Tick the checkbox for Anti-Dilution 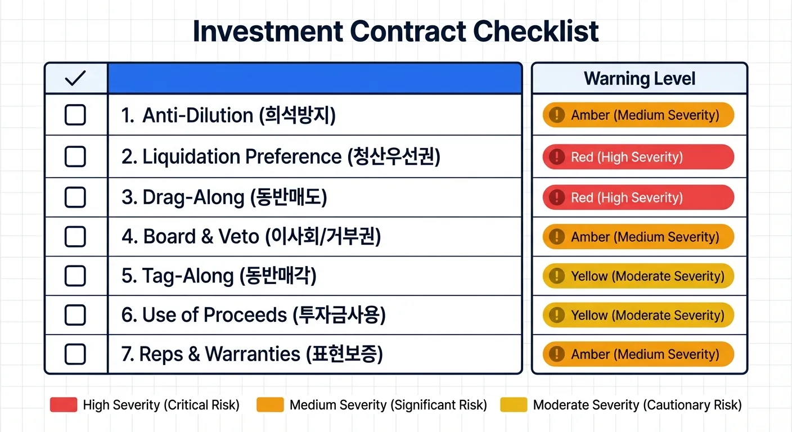75,115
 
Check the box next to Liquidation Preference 75,156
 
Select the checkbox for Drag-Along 75,197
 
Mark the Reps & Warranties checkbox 75,354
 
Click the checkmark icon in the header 75,78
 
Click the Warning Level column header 640,79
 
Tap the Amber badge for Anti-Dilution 638,115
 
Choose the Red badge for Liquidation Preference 638,156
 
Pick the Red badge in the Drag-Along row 638,197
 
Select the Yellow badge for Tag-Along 638,276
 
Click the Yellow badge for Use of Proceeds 638,315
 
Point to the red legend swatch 64,405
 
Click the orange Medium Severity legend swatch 270,405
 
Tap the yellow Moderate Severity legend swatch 514,405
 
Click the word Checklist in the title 535,31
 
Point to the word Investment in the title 268,31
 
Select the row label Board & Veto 201,236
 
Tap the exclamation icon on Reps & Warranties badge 557,354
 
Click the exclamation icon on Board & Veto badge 557,236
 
